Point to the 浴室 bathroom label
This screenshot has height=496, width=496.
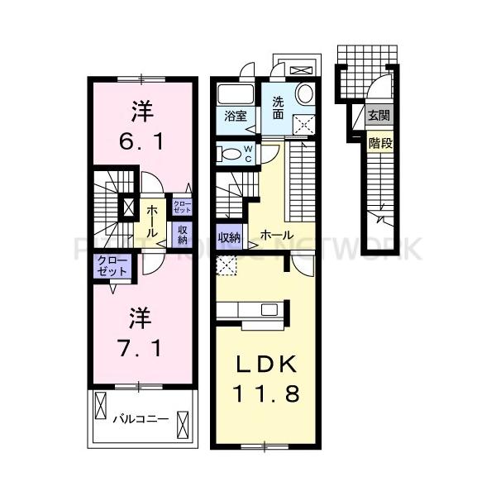pyautogui.click(x=235, y=117)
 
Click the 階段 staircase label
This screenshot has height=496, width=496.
pyautogui.click(x=379, y=142)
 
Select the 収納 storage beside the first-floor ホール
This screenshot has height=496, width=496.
pyautogui.click(x=229, y=236)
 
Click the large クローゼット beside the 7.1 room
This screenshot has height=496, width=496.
pyautogui.click(x=112, y=267)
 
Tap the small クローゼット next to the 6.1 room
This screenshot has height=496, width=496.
pyautogui.click(x=181, y=207)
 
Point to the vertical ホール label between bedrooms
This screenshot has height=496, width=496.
pyautogui.click(x=153, y=221)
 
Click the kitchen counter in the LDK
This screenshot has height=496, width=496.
pyautogui.click(x=251, y=311)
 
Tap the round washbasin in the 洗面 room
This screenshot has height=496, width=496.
pyautogui.click(x=304, y=93)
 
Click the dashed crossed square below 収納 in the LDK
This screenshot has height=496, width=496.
pyautogui.click(x=225, y=264)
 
